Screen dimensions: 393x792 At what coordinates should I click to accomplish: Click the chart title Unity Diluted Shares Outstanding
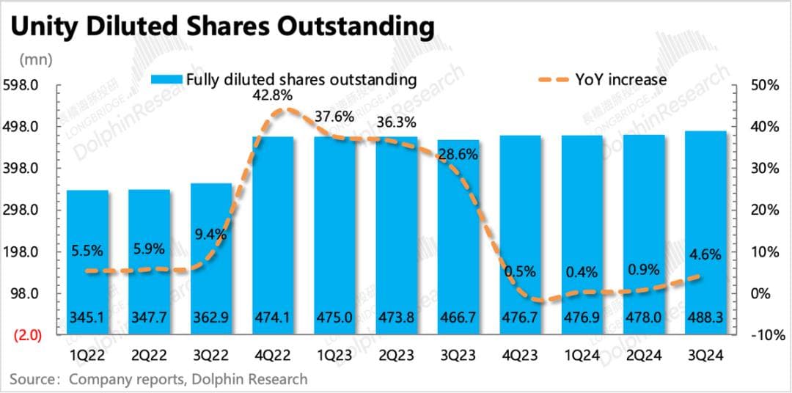[221, 26]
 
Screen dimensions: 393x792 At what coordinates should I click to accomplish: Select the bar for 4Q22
[273, 235]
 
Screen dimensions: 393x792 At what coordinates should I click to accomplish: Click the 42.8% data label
[274, 95]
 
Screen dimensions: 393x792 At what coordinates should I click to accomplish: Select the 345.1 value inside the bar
[87, 319]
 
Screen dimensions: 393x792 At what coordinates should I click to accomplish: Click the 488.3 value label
[706, 319]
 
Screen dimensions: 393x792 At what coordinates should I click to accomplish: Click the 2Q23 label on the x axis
[397, 356]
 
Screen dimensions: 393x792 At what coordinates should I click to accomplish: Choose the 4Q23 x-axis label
[521, 356]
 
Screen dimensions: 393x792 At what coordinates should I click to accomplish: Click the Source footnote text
[158, 379]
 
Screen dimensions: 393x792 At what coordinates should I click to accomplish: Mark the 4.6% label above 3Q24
[705, 256]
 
